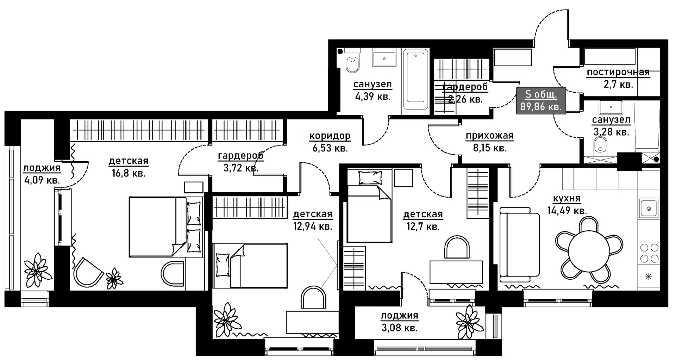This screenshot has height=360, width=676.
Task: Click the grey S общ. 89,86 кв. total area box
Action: point(541,100)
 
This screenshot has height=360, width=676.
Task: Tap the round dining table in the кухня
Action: point(589,251)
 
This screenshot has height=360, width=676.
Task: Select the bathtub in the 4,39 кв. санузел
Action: point(416,80)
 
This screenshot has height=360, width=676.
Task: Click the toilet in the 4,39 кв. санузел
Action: point(352,63)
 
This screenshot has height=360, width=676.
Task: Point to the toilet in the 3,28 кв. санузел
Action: point(600,145)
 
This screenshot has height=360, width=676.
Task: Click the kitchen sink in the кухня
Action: point(648,208)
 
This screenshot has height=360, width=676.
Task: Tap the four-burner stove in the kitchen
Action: point(649,253)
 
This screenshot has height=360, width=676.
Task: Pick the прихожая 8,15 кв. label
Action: point(489,141)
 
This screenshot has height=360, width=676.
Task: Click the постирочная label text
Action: point(618,73)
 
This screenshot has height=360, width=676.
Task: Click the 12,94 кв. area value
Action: point(312,226)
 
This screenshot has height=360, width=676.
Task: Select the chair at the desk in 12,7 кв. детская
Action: point(457,248)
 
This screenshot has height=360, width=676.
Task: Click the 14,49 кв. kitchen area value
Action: point(567,211)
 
